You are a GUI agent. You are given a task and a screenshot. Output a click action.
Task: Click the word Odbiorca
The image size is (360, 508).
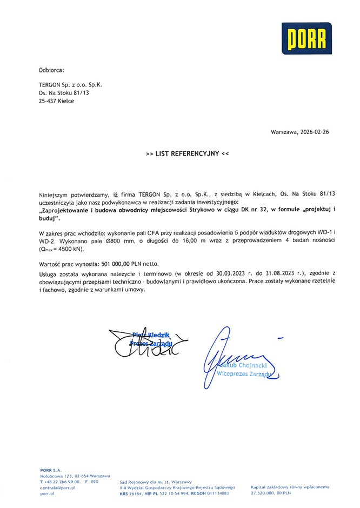tap(51, 70)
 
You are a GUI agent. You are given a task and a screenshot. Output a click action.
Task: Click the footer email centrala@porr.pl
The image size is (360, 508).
tap(57, 487)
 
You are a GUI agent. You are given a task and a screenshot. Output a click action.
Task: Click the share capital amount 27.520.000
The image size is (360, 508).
tap(263, 493)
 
